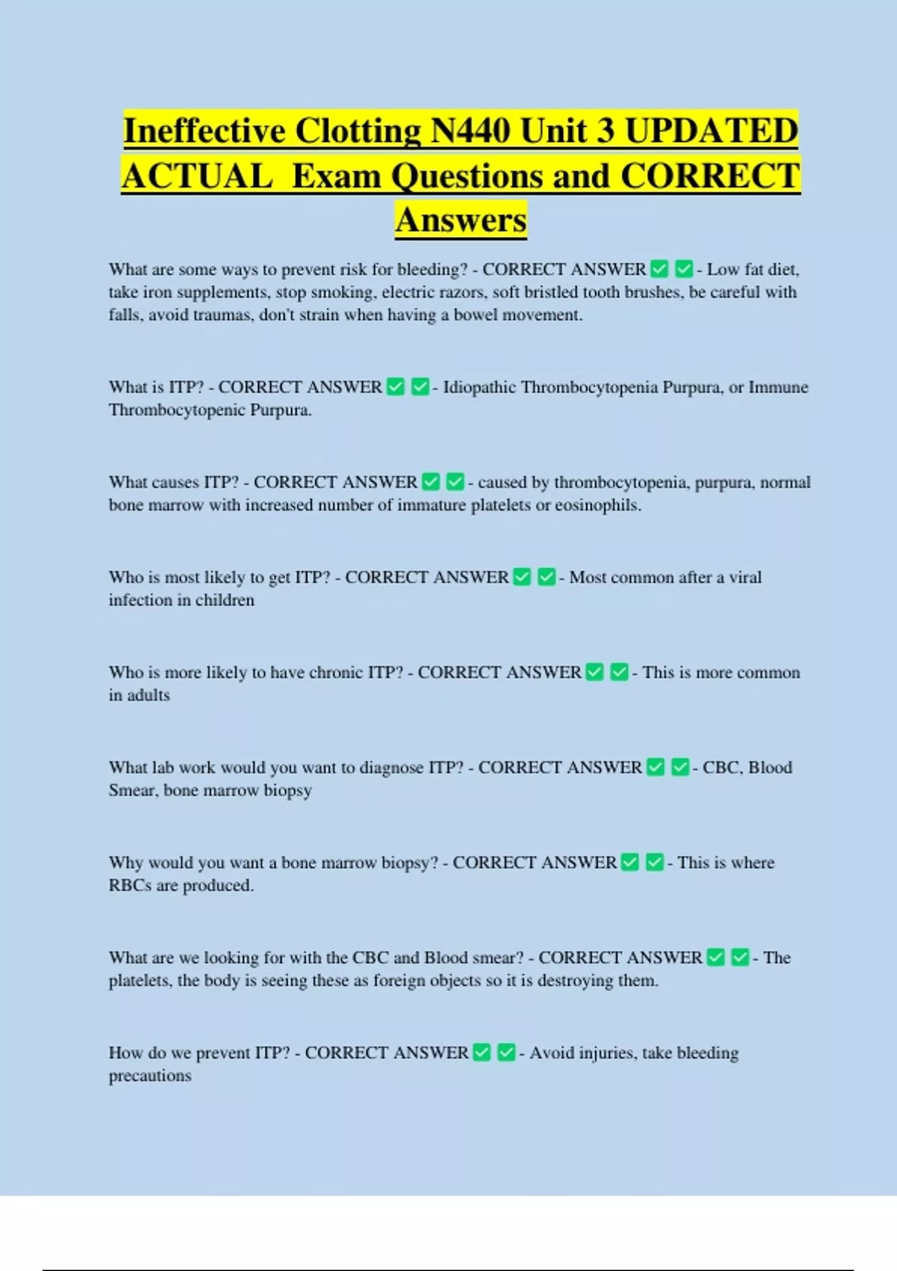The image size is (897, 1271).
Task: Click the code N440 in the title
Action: (471, 131)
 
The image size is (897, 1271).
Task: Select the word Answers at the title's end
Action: (461, 220)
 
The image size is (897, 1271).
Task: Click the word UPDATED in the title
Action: (711, 131)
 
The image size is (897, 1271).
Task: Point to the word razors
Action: (463, 292)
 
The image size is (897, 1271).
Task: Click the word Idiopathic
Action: (479, 387)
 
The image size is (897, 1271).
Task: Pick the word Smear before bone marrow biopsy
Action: (132, 790)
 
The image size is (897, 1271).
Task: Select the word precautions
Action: (150, 1076)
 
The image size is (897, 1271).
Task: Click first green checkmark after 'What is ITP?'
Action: (396, 387)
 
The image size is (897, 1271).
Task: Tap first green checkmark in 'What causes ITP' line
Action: (431, 481)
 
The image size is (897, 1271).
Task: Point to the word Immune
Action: (778, 387)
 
